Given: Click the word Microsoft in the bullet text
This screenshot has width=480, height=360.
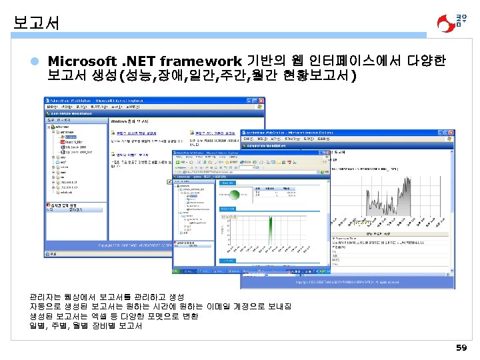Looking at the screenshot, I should [x=83, y=61].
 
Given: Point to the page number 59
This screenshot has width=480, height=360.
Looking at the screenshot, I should [x=461, y=347].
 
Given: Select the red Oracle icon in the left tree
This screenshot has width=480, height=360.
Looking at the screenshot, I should [x=62, y=142].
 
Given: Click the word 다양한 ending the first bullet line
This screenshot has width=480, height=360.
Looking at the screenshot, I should [x=423, y=61].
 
